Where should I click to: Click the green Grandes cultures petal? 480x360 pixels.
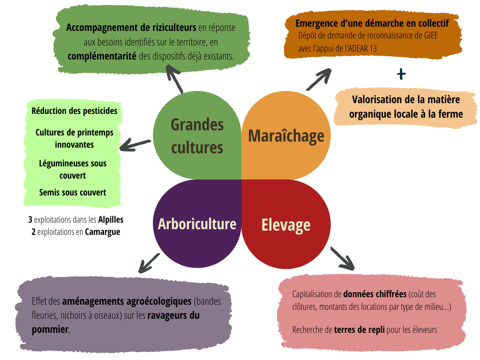click(197, 136)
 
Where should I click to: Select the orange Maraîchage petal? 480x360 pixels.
click(286, 136)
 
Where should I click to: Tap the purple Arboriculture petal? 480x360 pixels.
click(197, 224)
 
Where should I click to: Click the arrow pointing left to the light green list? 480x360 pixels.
click(135, 144)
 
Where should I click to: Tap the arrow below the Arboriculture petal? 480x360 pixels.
click(149, 262)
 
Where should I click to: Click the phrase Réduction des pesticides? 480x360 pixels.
click(75, 111)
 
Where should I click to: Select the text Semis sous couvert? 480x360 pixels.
click(73, 192)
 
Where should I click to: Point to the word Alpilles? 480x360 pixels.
click(111, 219)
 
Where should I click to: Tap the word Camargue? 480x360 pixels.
click(102, 232)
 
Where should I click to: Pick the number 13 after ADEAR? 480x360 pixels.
click(373, 48)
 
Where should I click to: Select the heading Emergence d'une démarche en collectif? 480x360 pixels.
click(372, 23)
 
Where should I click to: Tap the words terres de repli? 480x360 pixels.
click(360, 330)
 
